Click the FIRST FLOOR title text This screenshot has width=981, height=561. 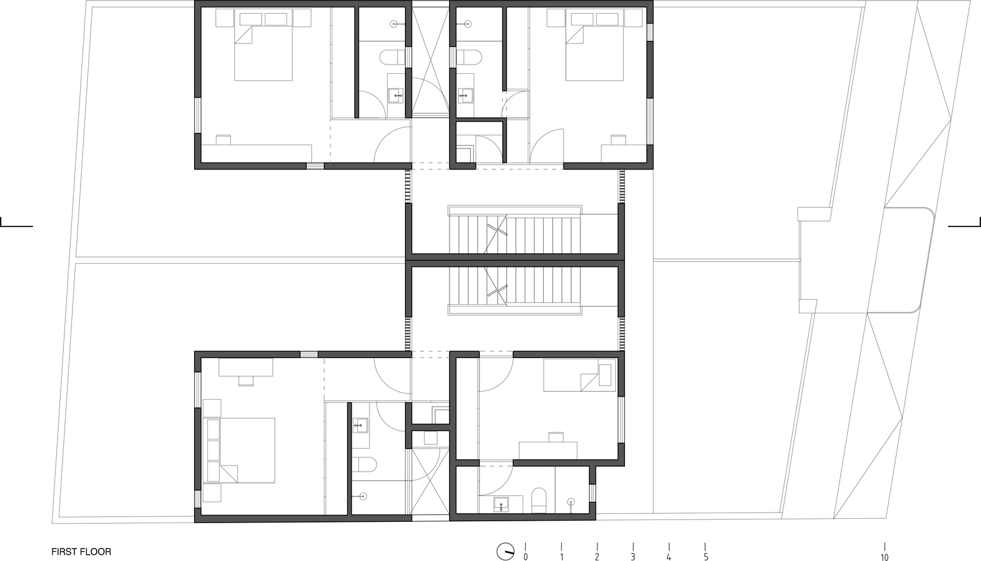tap(81, 551)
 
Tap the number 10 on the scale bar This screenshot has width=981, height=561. tap(884, 557)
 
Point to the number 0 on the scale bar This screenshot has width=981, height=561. tap(526, 557)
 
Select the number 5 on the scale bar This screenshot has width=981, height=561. tap(706, 557)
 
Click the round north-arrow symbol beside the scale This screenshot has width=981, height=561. tap(505, 551)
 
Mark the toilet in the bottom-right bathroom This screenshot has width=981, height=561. tap(538, 500)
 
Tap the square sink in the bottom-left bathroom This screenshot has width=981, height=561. tap(361, 424)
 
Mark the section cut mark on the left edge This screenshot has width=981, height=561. tap(16, 223)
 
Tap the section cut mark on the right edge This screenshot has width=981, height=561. tap(965, 223)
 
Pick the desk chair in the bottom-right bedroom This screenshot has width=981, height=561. tap(556, 436)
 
